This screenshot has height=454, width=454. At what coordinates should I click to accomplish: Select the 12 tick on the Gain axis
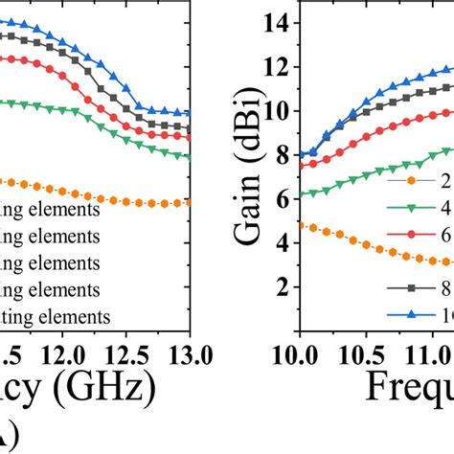tap(280, 67)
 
